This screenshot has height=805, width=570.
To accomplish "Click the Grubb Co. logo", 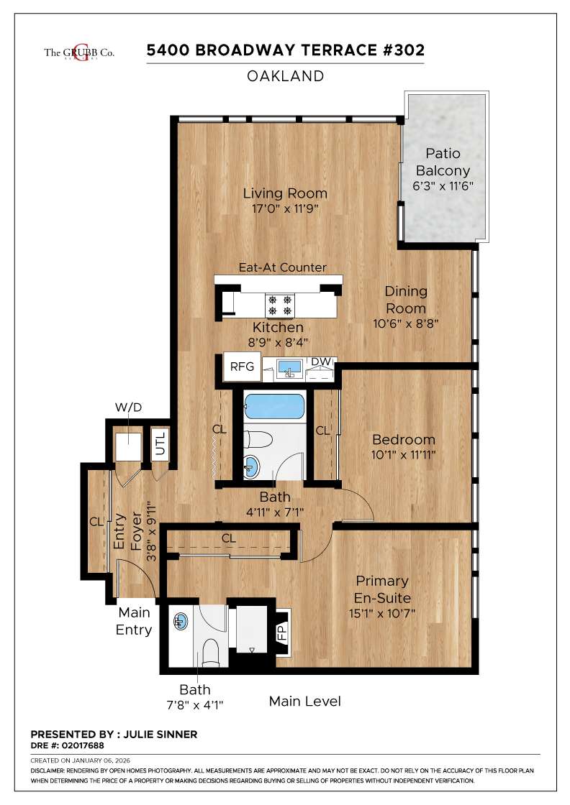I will point(79,52).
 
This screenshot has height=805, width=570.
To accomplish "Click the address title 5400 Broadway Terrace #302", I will point(286,50).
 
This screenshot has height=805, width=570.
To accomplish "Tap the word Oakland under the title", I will point(286,76).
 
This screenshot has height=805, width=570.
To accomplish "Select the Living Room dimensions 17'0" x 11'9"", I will point(285,208).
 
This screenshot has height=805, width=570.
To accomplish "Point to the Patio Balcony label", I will point(443,162).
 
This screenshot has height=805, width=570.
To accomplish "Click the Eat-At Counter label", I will point(282,267).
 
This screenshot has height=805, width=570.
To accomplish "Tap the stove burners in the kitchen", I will point(280,305).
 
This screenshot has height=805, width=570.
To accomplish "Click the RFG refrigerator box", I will point(242,367).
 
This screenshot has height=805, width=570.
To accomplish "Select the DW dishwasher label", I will point(320,362).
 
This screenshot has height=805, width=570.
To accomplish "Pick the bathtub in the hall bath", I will point(274,408).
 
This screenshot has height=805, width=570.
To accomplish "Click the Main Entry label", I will point(135,621).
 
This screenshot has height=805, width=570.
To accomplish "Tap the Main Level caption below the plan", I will point(304,701).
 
